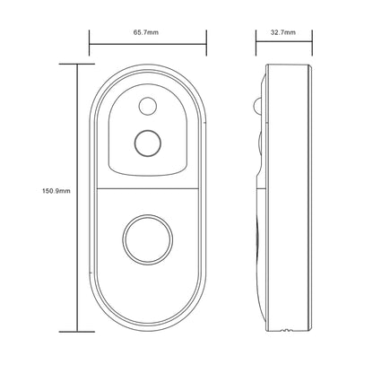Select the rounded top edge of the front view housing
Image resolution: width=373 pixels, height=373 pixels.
pos(148,65)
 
